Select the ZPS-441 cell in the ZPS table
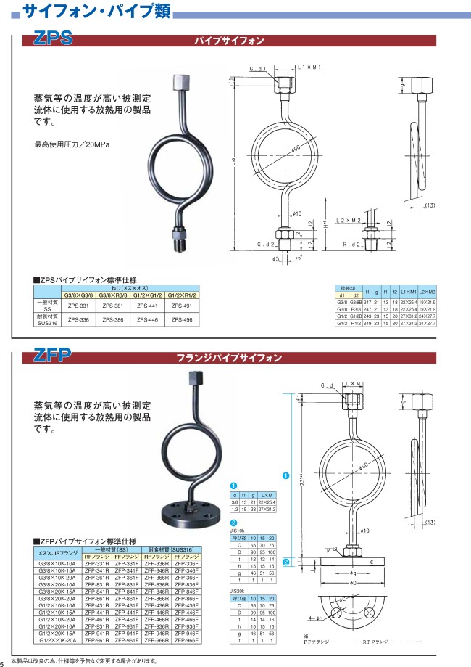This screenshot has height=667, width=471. click(148, 306)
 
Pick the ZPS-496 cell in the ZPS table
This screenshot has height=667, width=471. click(182, 319)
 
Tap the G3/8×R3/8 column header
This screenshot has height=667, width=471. click(112, 295)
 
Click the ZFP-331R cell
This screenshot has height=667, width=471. click(97, 563)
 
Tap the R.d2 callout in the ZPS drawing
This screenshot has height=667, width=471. click(353, 245)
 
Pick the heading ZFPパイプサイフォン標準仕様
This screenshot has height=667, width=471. click(86, 541)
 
